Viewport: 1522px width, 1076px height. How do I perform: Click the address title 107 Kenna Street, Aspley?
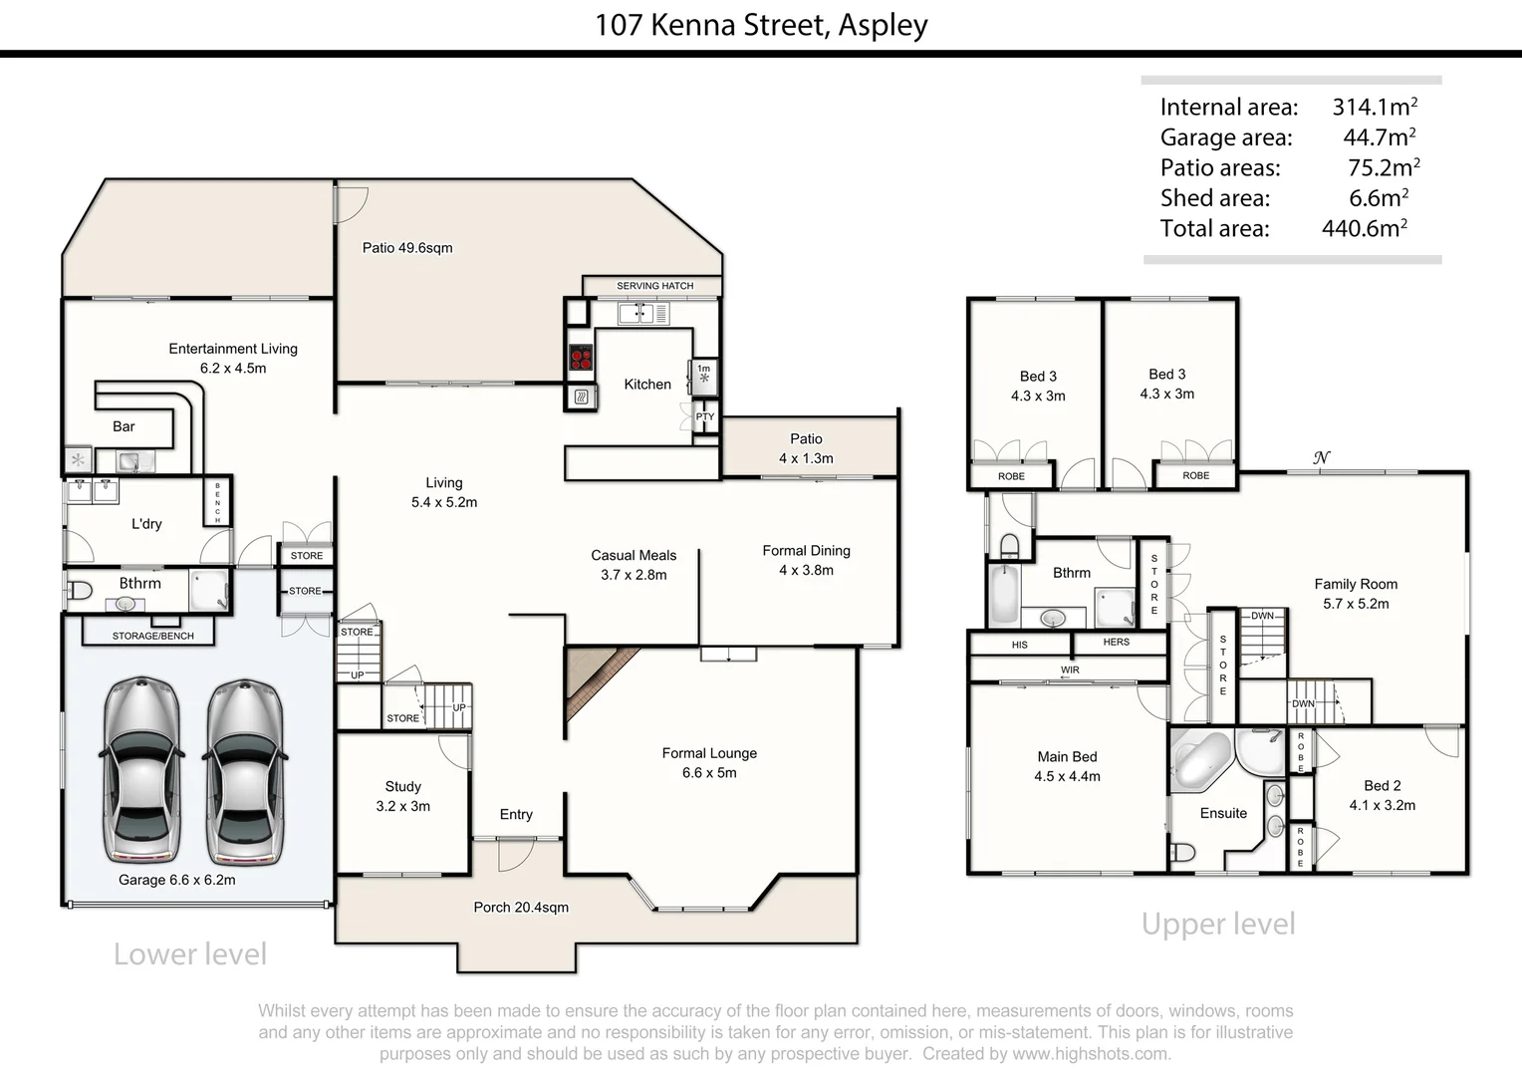(x=761, y=24)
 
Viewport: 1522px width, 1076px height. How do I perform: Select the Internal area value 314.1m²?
(x=1375, y=107)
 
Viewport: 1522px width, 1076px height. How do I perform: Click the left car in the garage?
(x=142, y=770)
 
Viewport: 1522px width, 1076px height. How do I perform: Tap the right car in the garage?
(x=245, y=770)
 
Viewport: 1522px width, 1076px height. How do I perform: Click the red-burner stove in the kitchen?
(x=580, y=358)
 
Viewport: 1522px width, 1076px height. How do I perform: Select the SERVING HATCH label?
(x=654, y=286)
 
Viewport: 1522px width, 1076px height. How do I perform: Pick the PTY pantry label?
(x=705, y=417)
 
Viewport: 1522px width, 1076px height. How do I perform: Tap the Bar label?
(x=124, y=426)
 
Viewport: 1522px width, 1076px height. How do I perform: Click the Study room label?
(x=402, y=787)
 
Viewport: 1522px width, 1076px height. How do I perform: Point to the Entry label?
(x=516, y=814)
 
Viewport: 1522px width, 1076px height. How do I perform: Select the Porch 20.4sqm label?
(x=521, y=908)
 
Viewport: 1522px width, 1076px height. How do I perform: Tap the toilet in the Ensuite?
(x=1181, y=853)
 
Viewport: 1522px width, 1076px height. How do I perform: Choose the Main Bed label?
(x=1067, y=757)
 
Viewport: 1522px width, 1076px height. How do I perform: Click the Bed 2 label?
(x=1382, y=786)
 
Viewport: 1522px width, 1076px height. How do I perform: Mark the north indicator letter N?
(x=1321, y=458)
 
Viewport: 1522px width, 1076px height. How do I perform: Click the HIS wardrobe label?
(x=1019, y=645)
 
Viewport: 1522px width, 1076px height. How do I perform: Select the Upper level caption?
(x=1218, y=925)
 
